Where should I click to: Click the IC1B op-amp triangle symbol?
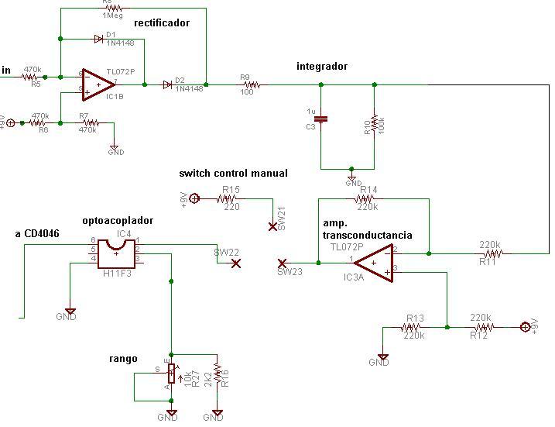pos(97,83)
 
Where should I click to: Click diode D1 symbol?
pos(98,37)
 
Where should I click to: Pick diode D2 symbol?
pos(168,84)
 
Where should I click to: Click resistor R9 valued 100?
pos(250,84)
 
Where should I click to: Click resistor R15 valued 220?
pos(231,198)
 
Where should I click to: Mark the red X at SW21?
pos(272,226)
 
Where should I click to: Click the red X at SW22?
pos(236,263)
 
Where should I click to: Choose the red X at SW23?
pos(283,263)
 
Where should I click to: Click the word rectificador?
pos(162,23)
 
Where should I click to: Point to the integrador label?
pos(322,67)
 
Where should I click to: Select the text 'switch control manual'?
pos(233,174)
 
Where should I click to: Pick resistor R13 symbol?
pos(414,328)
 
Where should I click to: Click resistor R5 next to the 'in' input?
pos(31,77)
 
